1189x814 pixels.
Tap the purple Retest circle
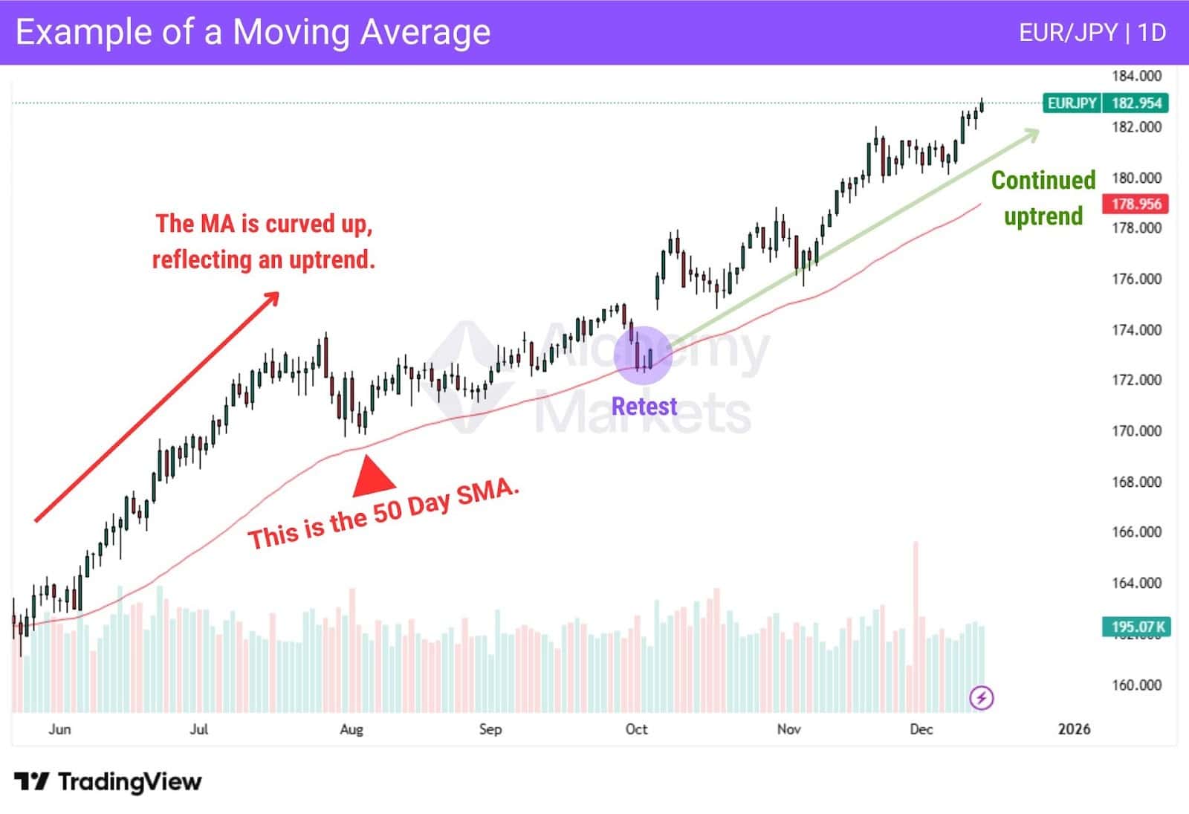point(644,355)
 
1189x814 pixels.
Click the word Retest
point(644,407)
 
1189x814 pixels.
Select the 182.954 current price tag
point(1135,103)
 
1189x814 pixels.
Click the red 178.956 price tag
point(1135,204)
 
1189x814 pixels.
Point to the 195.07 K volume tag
point(1135,627)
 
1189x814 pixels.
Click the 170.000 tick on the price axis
point(1135,430)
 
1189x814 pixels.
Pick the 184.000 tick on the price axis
point(1135,76)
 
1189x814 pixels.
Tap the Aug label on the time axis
point(351,729)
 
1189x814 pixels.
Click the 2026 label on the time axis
point(1074,729)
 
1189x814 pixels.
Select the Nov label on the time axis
point(788,729)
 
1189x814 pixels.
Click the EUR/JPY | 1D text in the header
point(1092,33)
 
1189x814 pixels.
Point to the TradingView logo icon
point(31,781)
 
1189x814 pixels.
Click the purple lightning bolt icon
point(982,698)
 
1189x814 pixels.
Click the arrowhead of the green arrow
point(1032,134)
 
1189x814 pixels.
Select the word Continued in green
point(1043,181)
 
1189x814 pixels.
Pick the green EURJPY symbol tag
point(1072,103)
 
